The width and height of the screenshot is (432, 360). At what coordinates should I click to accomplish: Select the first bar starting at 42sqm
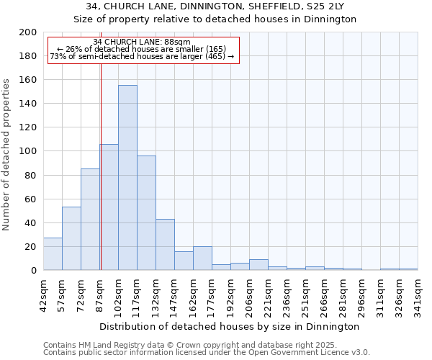(53, 254)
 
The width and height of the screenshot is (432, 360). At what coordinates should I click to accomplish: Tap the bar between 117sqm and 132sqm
(146, 213)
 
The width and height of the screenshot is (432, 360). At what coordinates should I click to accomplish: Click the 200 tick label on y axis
(27, 32)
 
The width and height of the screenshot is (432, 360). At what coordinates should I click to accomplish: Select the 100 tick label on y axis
(27, 151)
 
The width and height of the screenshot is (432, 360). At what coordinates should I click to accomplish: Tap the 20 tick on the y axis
(30, 247)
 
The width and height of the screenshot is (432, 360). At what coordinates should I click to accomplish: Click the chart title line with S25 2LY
(215, 6)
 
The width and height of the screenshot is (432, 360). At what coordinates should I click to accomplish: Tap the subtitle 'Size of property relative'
(215, 19)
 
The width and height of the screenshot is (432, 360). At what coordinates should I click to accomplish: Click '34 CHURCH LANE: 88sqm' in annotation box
(142, 42)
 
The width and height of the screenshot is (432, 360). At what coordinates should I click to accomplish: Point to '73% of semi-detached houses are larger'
(142, 56)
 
